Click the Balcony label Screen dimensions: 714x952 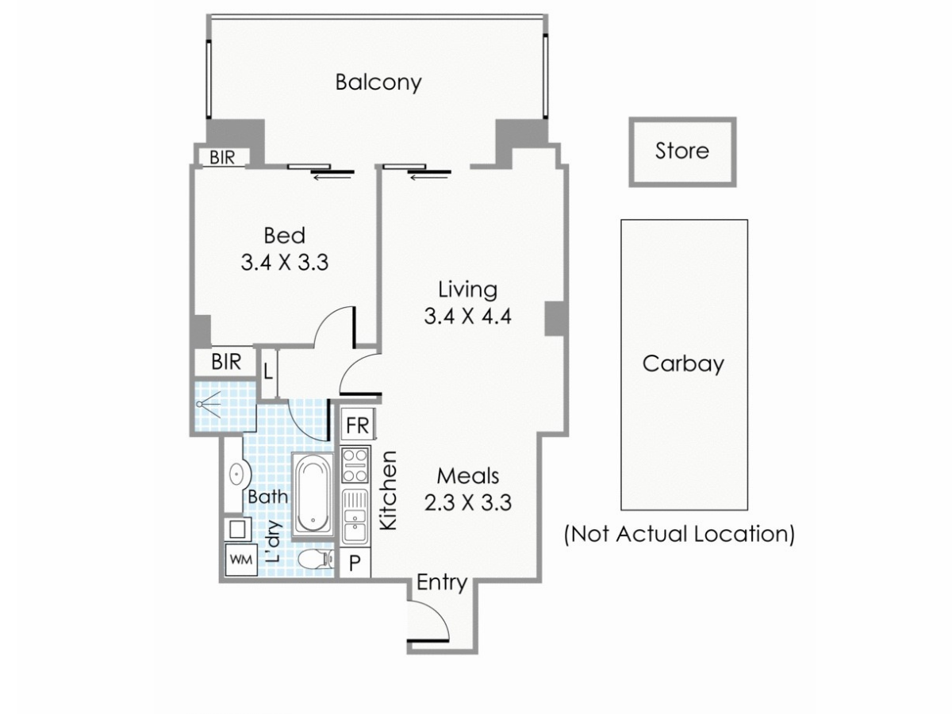point(378,83)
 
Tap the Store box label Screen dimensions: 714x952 point(681,151)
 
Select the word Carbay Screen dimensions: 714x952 point(682,364)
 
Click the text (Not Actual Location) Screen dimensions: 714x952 point(679,534)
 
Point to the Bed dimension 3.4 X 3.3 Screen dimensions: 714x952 point(284,263)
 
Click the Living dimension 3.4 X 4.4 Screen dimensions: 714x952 point(467,317)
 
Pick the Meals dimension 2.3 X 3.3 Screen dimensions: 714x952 point(467,502)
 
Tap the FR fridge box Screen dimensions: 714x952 point(357,426)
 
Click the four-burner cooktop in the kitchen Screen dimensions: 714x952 point(355,465)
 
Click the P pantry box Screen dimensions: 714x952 point(355,564)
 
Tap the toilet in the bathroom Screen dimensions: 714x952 point(316,559)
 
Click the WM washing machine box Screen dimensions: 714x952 point(240,559)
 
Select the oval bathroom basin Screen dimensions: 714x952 point(236,476)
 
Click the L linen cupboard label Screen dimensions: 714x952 point(268,370)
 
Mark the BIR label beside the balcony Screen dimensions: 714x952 point(222,157)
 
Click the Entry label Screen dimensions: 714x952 point(441,583)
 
